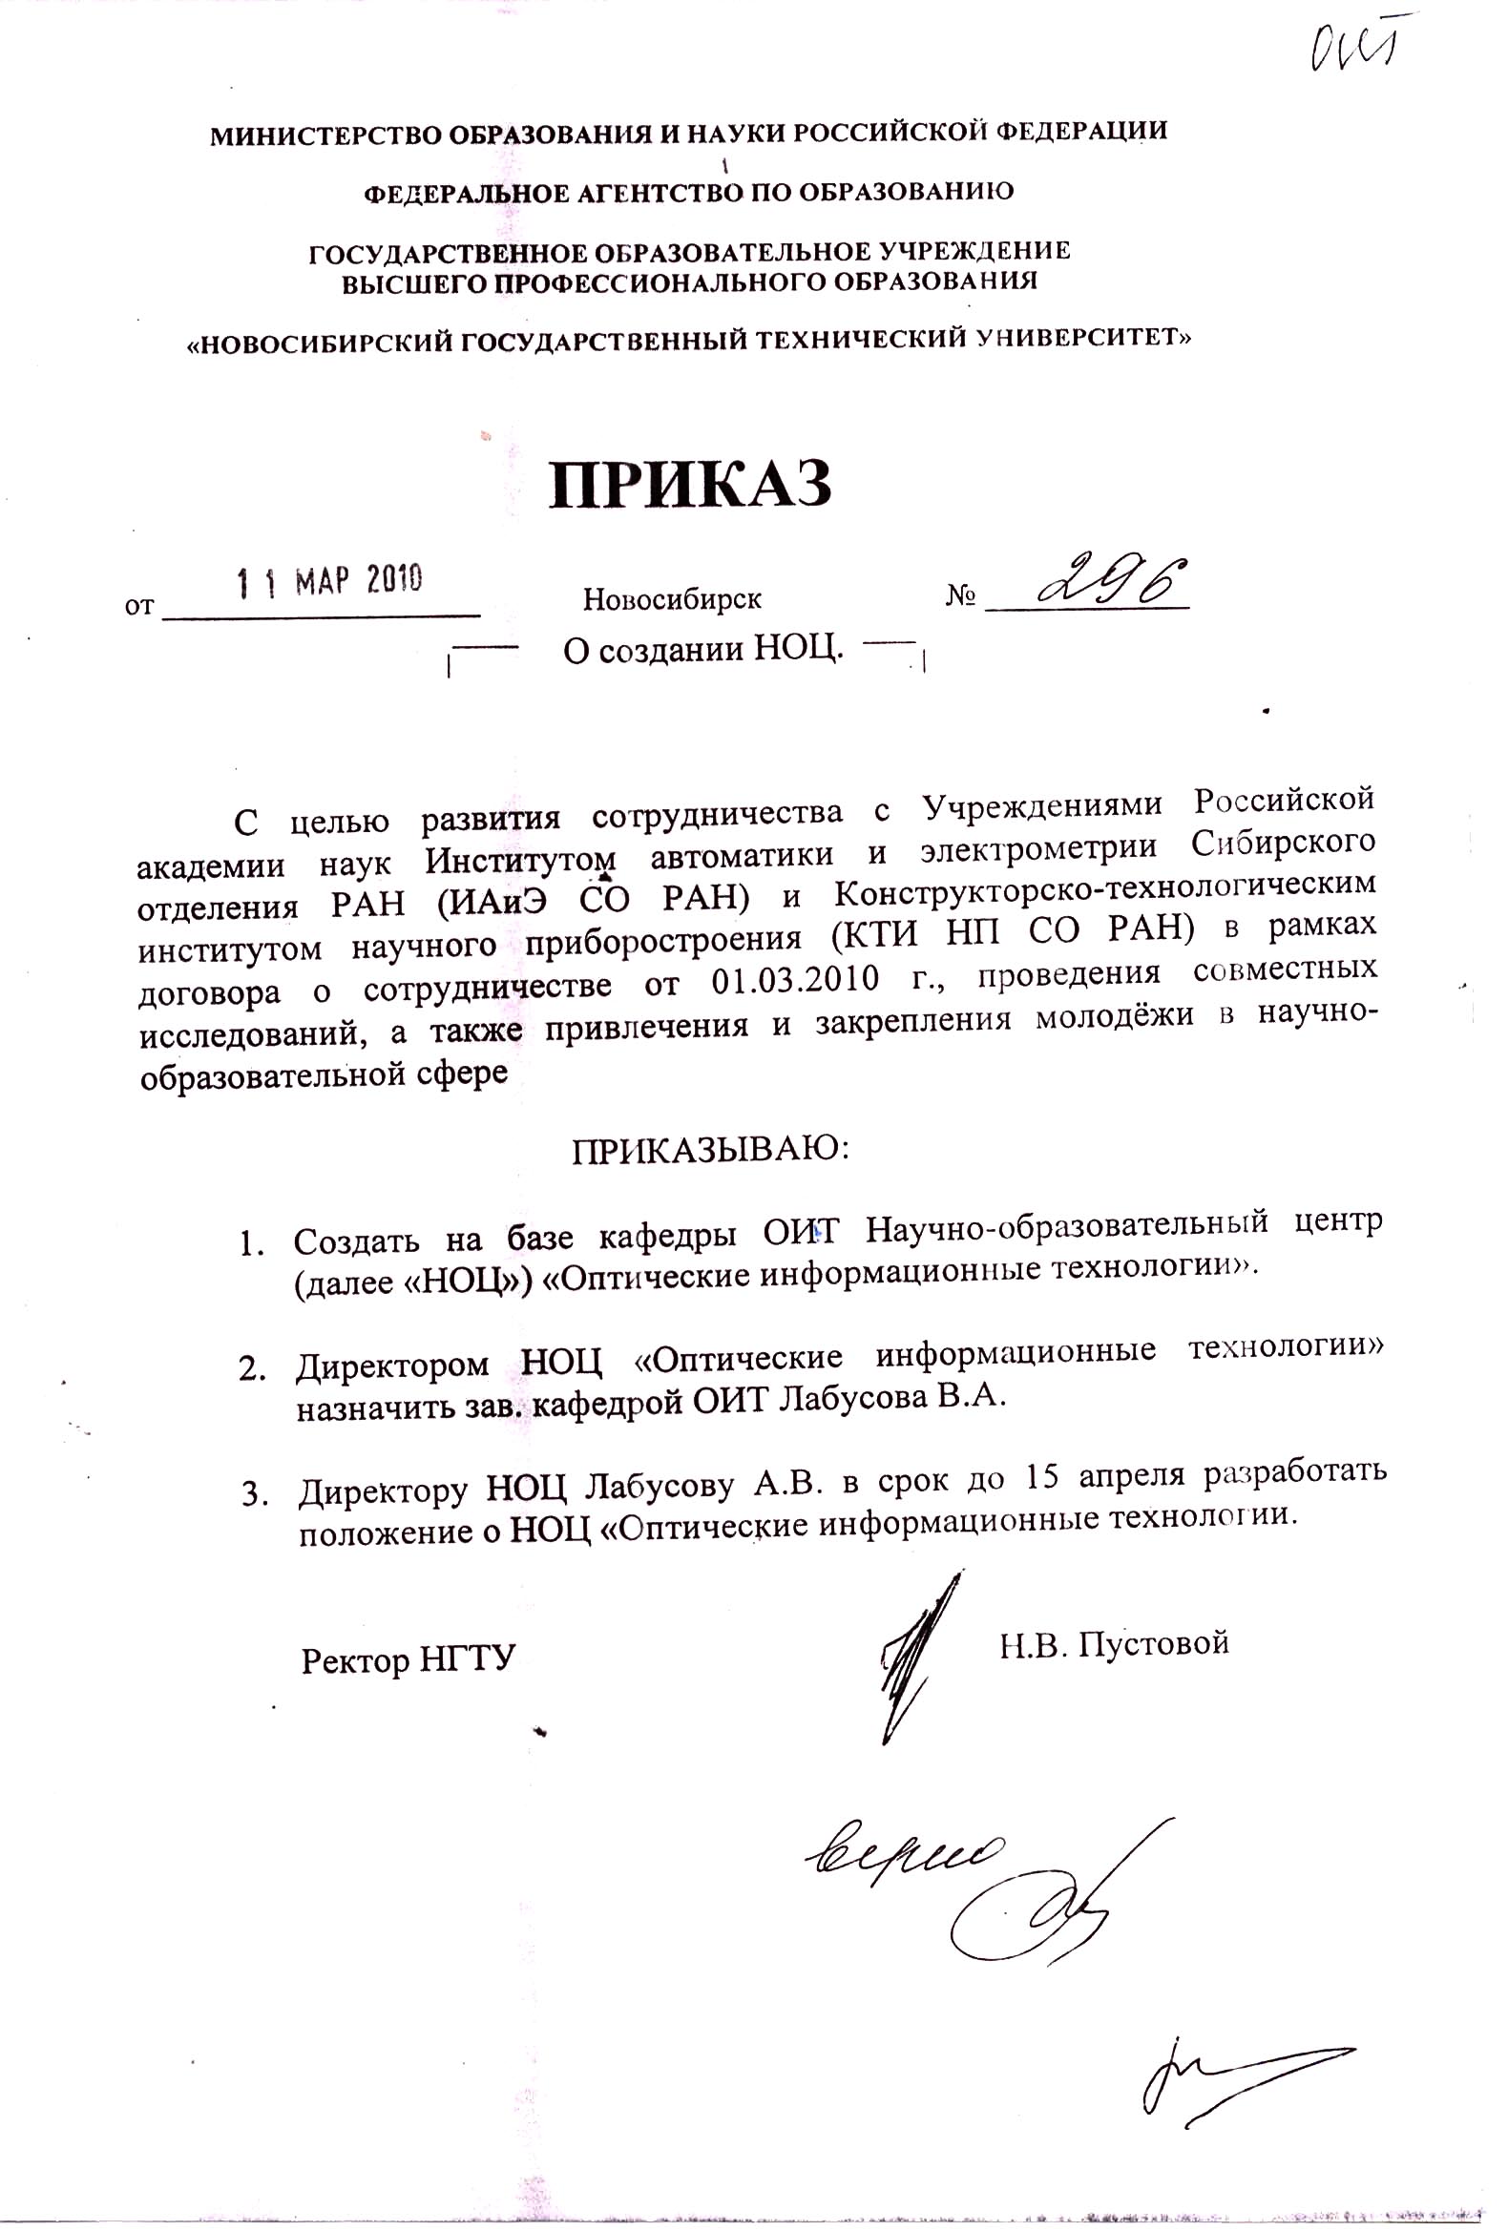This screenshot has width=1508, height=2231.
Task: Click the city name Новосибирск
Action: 672,600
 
